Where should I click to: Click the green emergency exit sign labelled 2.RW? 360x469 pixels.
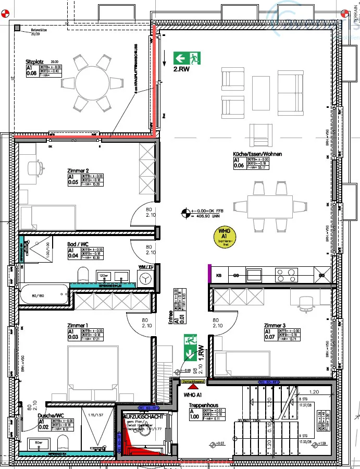click(188, 58)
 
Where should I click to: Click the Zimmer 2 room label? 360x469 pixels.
click(78, 171)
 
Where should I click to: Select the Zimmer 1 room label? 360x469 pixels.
click(78, 326)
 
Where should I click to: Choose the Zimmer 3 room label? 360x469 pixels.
click(276, 325)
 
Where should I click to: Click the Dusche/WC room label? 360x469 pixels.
click(51, 416)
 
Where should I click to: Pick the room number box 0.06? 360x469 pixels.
click(239, 166)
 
